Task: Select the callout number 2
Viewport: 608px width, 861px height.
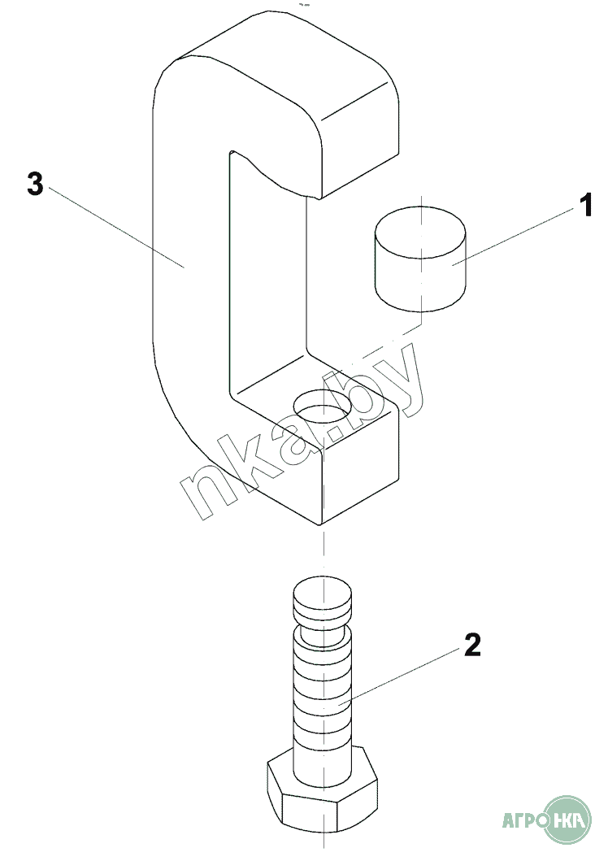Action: click(x=471, y=645)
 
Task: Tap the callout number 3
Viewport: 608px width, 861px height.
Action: click(x=34, y=183)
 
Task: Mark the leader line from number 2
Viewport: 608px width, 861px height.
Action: click(x=406, y=672)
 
